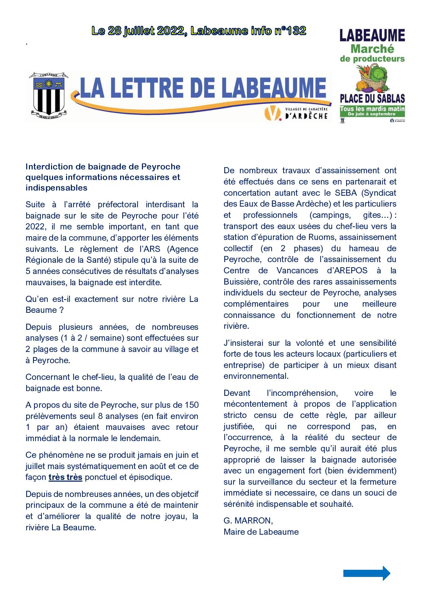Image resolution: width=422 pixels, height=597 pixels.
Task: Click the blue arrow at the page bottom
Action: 367,573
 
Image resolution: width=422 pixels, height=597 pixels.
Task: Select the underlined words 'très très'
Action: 65,477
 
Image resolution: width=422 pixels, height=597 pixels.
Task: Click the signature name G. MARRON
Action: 248,521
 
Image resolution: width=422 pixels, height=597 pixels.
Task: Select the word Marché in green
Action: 372,49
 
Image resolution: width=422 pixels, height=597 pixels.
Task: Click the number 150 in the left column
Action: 192,405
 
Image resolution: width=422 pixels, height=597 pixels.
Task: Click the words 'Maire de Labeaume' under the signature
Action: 261,532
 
